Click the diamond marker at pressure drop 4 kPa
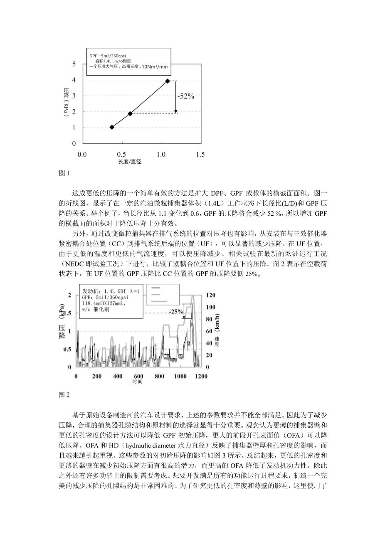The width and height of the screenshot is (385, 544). pos(168,81)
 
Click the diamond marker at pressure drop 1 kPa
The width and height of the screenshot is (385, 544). pos(111,127)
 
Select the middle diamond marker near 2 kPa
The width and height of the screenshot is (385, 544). pos(130,113)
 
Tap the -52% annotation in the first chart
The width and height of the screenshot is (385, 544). pos(185,96)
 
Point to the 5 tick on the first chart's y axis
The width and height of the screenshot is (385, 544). pos(74,64)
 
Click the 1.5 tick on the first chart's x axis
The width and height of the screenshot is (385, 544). pos(200,155)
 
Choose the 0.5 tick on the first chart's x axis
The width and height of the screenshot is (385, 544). pos(122,155)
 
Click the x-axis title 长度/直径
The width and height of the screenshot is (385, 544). pos(130,162)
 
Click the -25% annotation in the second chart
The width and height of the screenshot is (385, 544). pos(176,311)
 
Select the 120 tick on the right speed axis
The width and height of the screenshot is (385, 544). pos(211,295)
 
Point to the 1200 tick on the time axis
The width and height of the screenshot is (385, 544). pos(201,377)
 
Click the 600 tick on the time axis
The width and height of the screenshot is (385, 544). pos(138,377)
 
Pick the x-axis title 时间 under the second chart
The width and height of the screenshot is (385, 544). pos(138,382)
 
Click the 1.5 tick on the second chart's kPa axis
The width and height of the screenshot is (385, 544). pos(66,313)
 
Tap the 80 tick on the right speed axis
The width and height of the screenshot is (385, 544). pos(209,320)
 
